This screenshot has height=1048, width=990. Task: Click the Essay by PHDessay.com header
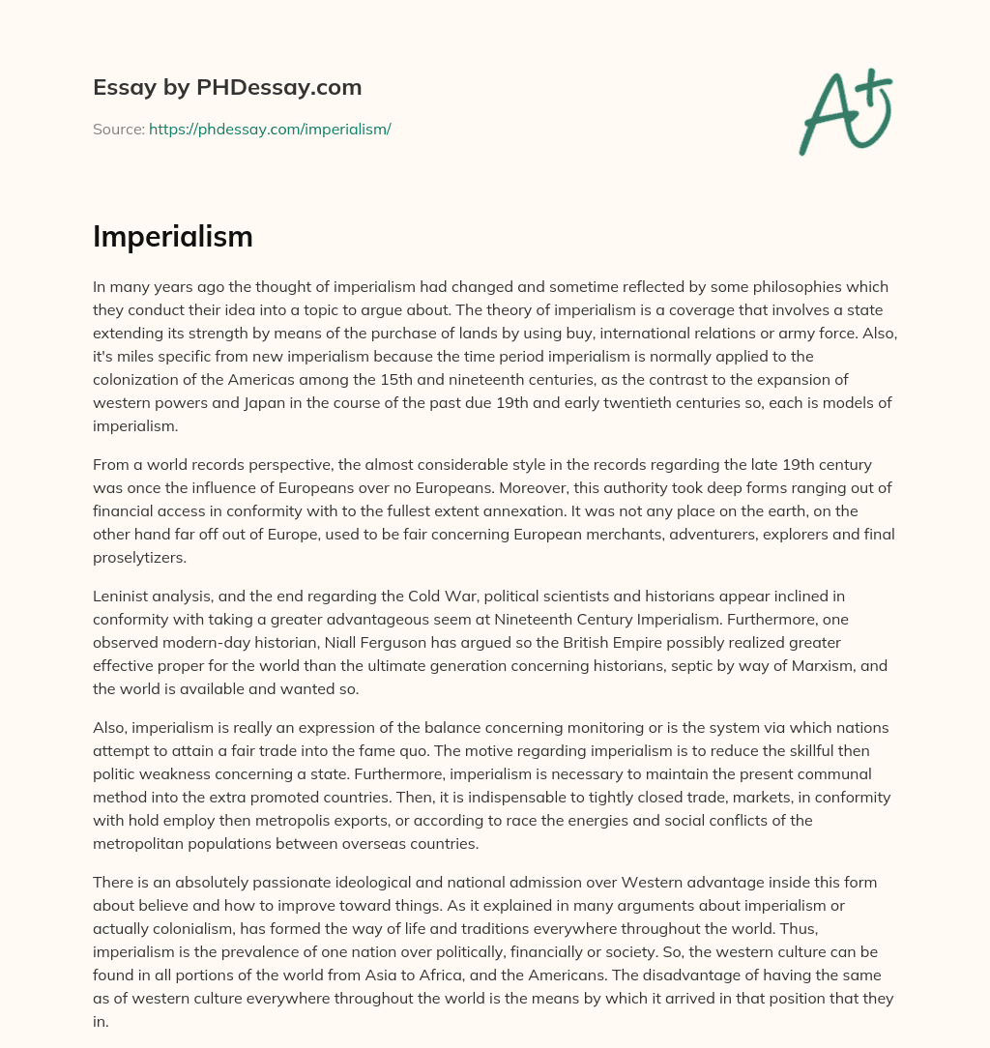[227, 87]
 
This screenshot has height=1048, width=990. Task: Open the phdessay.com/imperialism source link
[270, 129]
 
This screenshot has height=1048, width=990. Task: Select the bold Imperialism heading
[173, 237]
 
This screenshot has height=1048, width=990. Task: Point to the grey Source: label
[118, 129]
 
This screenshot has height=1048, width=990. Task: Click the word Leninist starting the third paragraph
[123, 597]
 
